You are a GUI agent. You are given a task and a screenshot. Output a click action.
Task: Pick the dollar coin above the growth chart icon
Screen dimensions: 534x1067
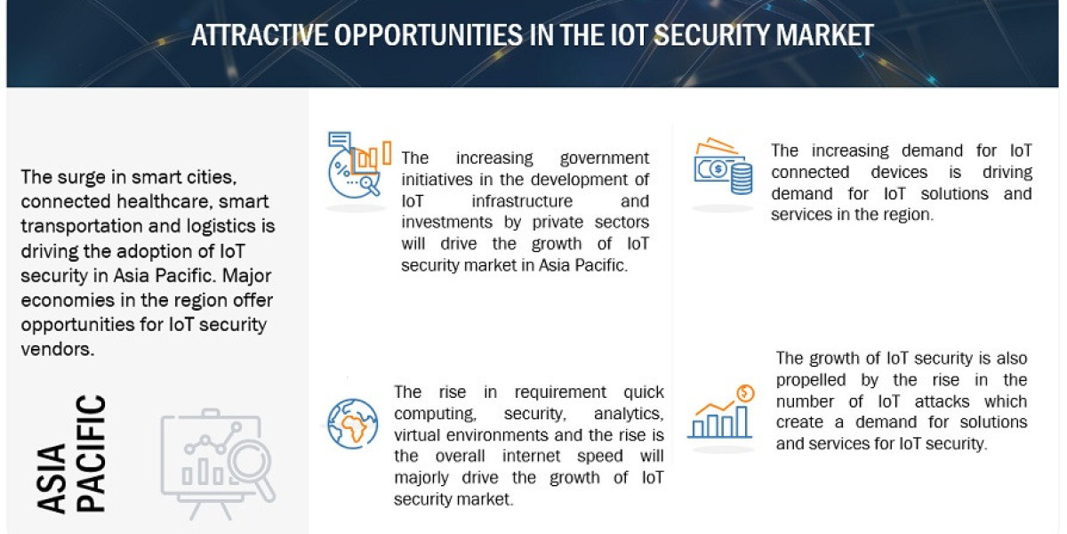pyautogui.click(x=745, y=392)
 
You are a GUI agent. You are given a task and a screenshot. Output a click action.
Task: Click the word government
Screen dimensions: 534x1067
pyautogui.click(x=604, y=158)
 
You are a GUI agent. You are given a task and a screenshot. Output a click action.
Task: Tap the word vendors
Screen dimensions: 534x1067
pyautogui.click(x=56, y=348)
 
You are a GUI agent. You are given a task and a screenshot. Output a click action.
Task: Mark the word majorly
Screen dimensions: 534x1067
pyautogui.click(x=428, y=478)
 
